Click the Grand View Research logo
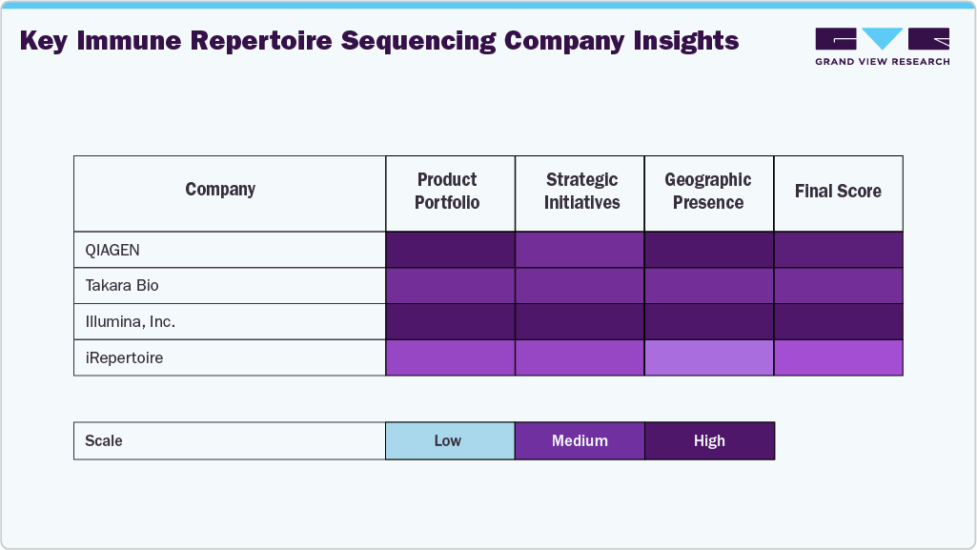pos(882,46)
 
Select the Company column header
pos(220,190)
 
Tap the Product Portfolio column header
pos(447,191)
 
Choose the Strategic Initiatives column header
pos(581,191)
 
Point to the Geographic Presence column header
pos(708,191)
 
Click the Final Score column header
pos(838,192)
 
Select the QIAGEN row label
pos(113,250)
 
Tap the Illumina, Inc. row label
pos(131,322)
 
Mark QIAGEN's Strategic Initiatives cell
pos(580,250)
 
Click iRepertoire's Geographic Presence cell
pos(709,358)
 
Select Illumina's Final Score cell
pos(838,322)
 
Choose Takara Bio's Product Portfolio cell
pos(450,286)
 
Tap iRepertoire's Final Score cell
pos(838,358)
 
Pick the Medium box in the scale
pos(580,440)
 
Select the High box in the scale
pos(709,440)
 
